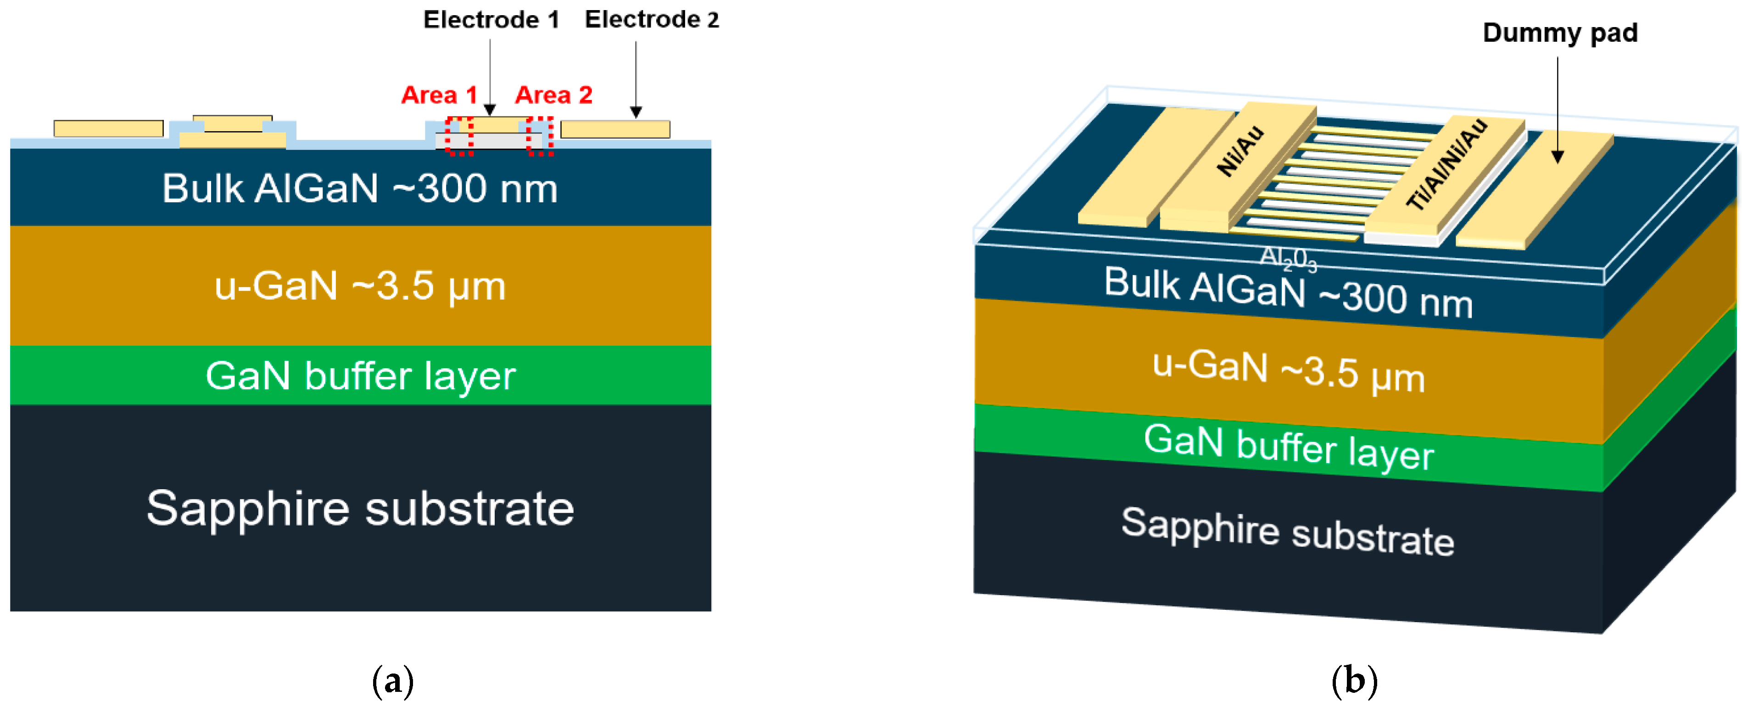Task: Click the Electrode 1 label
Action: tap(491, 20)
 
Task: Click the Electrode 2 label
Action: tap(651, 20)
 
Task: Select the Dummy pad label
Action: tap(1559, 33)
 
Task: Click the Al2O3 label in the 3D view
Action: tap(1288, 259)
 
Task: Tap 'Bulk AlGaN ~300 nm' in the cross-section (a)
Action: tap(360, 188)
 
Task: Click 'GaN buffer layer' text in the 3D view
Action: tap(1288, 446)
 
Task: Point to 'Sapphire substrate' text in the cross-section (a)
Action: tap(360, 508)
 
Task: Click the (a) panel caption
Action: tap(393, 681)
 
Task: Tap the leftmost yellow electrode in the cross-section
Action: tap(108, 128)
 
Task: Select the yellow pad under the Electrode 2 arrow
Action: tap(615, 129)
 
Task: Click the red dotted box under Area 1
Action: tap(459, 136)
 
